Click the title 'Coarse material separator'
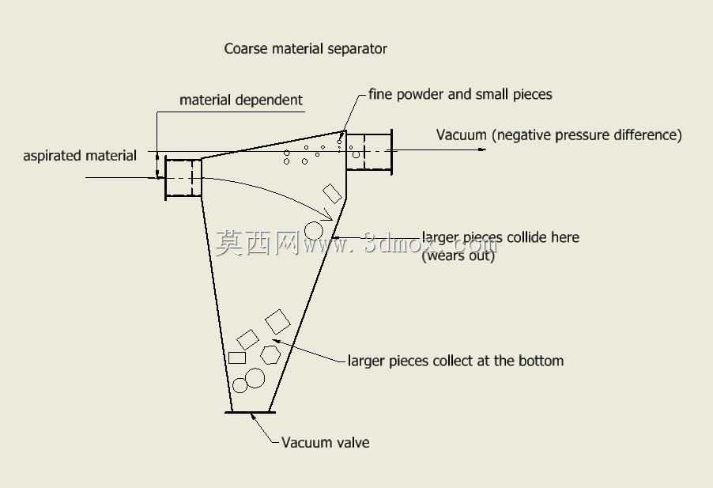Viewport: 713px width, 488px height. pyautogui.click(x=306, y=49)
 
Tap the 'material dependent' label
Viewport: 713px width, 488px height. pyautogui.click(x=241, y=100)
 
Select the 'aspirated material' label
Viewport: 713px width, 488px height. pyautogui.click(x=80, y=156)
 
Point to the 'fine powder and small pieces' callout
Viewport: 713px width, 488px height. pyautogui.click(x=460, y=94)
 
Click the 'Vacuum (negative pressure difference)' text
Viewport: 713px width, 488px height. pyautogui.click(x=559, y=134)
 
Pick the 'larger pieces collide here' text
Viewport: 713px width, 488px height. pyautogui.click(x=500, y=237)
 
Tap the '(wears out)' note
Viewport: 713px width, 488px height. pyautogui.click(x=458, y=255)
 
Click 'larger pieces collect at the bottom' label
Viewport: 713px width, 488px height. pyautogui.click(x=455, y=361)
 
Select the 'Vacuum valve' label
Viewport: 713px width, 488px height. pyautogui.click(x=326, y=442)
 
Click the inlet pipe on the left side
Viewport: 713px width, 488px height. pyautogui.click(x=183, y=177)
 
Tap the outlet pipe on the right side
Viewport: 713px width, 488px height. pyautogui.click(x=369, y=152)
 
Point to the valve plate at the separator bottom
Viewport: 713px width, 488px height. pyautogui.click(x=250, y=413)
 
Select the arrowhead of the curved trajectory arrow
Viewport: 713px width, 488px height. pyautogui.click(x=329, y=215)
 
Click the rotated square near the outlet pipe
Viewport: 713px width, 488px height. pyautogui.click(x=333, y=193)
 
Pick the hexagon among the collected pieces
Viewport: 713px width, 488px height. pyautogui.click(x=270, y=355)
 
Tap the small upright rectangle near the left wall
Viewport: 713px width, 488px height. pyautogui.click(x=237, y=358)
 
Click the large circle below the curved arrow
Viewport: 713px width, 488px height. pyautogui.click(x=314, y=231)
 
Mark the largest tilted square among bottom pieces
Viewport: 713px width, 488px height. pyautogui.click(x=277, y=322)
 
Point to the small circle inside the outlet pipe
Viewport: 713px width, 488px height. pyautogui.click(x=356, y=155)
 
